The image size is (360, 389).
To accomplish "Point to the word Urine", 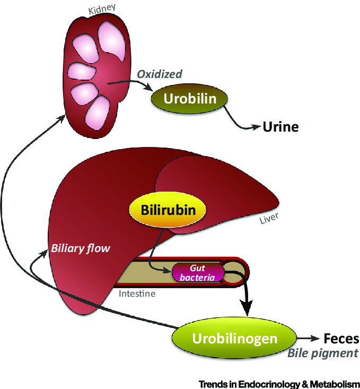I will point(281,127).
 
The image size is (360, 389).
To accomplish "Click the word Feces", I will point(341,338).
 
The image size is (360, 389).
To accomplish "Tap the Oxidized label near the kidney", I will point(160,74).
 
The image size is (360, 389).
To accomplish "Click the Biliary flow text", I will point(80,248).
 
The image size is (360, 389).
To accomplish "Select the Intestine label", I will point(137,292).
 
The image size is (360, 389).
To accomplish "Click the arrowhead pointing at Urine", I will point(258,127).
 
